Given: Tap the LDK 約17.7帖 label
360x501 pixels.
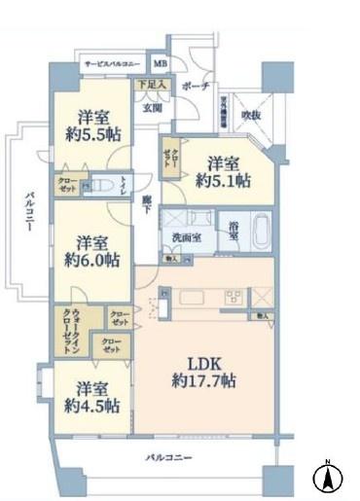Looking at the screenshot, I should point(204,373).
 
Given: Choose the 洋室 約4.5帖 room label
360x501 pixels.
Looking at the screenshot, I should point(92,395).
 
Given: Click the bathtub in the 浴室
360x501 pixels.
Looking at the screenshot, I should point(260,232).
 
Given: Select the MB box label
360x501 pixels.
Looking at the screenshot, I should point(159,65).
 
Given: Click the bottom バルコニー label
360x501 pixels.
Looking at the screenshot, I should point(170,456).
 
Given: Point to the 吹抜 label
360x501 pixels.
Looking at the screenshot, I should point(251,116).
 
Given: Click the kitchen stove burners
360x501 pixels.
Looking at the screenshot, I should point(234,296).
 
